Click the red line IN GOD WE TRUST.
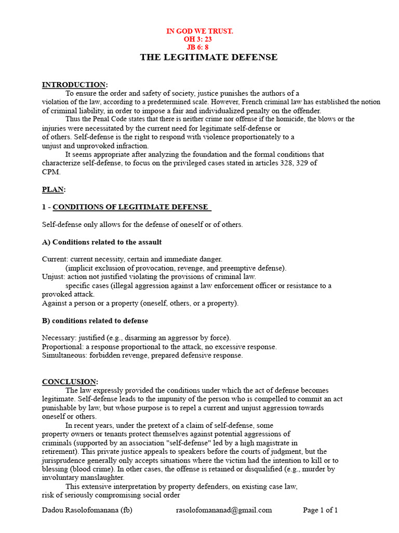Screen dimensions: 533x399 click(199, 31)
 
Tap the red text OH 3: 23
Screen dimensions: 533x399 click(198, 39)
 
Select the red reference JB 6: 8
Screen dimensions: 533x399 click(197, 47)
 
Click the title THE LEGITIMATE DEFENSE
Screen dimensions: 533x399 click(208, 57)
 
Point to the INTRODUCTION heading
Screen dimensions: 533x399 click(74, 85)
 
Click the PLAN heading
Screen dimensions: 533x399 click(54, 189)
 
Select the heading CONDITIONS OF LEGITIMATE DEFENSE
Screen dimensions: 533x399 click(130, 207)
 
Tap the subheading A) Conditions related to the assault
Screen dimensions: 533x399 click(102, 242)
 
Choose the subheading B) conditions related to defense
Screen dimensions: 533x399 click(95, 321)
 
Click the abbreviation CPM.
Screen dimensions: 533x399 click(51, 172)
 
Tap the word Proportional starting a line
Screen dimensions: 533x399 click(62, 347)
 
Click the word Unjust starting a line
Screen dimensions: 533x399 click(52, 277)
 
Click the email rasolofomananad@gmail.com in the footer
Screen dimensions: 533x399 click(224, 510)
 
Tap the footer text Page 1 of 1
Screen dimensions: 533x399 click(320, 510)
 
